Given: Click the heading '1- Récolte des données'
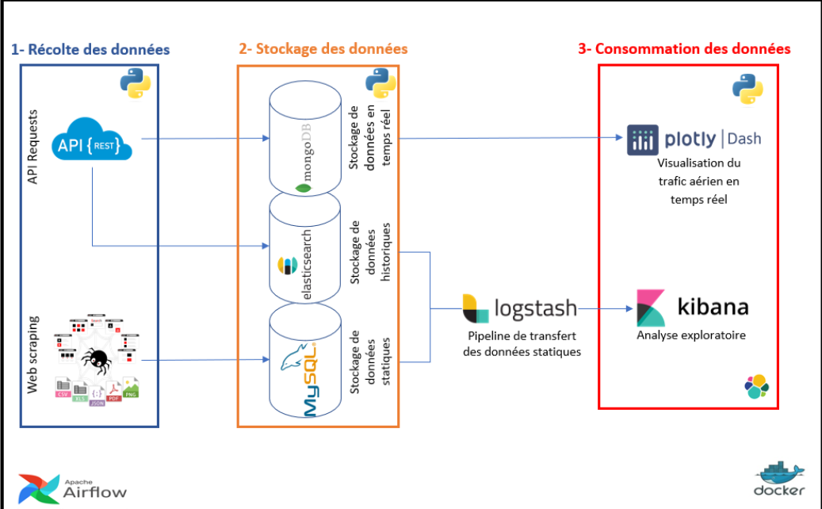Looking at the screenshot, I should (x=90, y=49).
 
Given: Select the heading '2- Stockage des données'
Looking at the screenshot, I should (x=323, y=49).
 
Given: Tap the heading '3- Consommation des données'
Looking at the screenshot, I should (x=684, y=49).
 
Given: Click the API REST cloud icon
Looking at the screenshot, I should (x=94, y=143).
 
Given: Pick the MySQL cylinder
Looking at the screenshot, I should (x=304, y=365).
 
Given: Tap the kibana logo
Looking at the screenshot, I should (x=692, y=308).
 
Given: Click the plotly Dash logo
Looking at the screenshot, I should (x=694, y=140).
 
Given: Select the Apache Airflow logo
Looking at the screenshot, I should (x=73, y=488).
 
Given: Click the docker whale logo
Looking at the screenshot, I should (x=779, y=480).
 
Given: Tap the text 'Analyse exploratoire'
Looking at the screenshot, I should (x=691, y=335).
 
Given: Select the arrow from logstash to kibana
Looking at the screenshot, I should (x=604, y=308).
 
